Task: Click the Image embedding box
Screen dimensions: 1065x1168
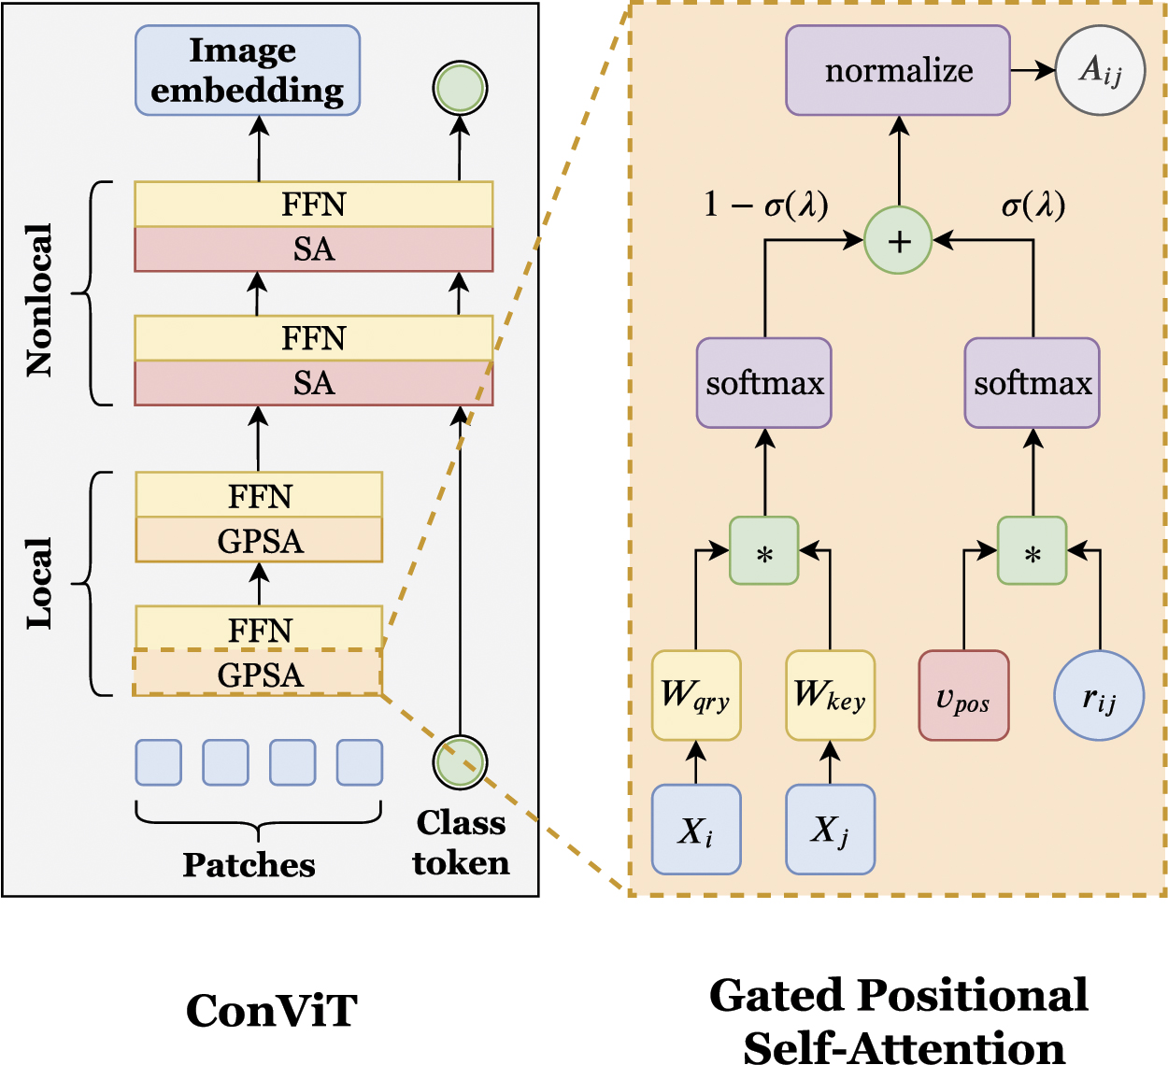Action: (248, 70)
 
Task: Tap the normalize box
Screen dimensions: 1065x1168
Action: (898, 70)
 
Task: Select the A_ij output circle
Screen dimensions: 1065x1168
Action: (1100, 70)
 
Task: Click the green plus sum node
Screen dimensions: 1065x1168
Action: (898, 240)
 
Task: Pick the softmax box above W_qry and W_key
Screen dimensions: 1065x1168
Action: (764, 383)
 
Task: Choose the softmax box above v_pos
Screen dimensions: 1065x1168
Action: (1032, 383)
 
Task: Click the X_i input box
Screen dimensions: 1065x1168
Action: (696, 830)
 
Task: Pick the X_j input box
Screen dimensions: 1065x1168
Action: (831, 830)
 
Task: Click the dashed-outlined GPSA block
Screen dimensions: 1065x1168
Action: (258, 674)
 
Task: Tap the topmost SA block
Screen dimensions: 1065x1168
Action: (313, 249)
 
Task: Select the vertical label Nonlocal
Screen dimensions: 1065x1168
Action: (39, 300)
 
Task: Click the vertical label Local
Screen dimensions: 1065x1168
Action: (39, 583)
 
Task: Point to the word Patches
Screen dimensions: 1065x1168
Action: (249, 865)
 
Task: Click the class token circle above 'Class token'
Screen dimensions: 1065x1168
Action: (460, 761)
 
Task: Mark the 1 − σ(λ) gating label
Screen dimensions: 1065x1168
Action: (765, 205)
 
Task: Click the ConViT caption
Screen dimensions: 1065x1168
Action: (271, 1011)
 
